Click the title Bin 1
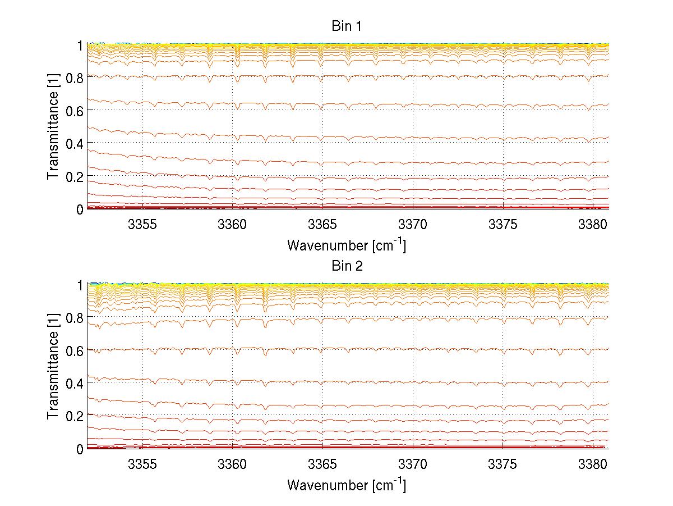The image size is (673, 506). tap(347, 26)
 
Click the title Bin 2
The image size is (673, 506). tap(347, 266)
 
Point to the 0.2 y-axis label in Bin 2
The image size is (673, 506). tap(73, 416)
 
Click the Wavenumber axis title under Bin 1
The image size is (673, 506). tap(346, 245)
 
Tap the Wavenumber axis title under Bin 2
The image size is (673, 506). tap(346, 485)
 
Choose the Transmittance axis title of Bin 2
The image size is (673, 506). tap(54, 367)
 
